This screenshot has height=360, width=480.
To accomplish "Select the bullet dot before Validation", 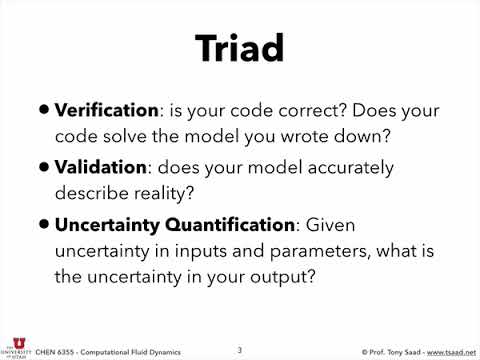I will coord(44,168).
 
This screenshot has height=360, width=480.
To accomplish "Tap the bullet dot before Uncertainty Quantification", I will coord(44,226).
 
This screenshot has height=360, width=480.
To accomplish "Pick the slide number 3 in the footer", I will coord(239,349).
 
